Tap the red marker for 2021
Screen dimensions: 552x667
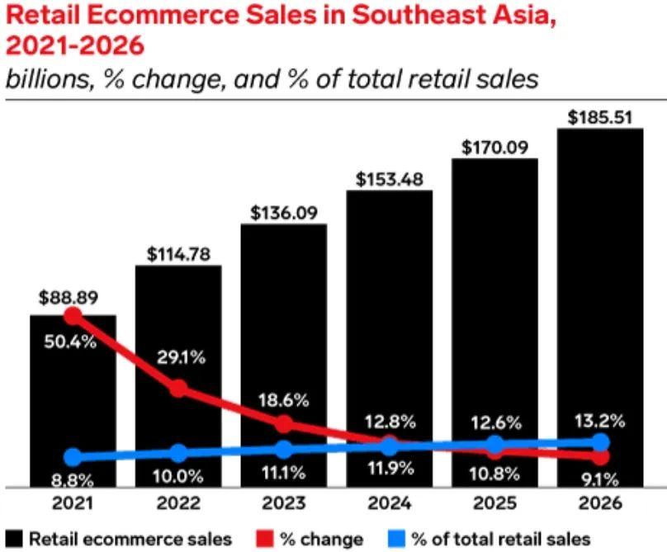pyautogui.click(x=73, y=316)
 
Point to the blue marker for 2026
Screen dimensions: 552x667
pyautogui.click(x=600, y=443)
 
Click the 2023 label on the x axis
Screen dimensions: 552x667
pyautogui.click(x=283, y=502)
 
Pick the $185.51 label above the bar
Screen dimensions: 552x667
pyautogui.click(x=600, y=116)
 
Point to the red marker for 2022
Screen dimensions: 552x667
pyautogui.click(x=178, y=389)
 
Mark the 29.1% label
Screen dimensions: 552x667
pyautogui.click(x=177, y=359)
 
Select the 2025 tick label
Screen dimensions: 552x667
pyautogui.click(x=494, y=502)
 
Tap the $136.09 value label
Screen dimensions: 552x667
pyautogui.click(x=283, y=212)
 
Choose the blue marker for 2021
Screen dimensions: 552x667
pyautogui.click(x=73, y=457)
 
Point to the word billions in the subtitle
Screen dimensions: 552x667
pyautogui.click(x=40, y=79)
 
